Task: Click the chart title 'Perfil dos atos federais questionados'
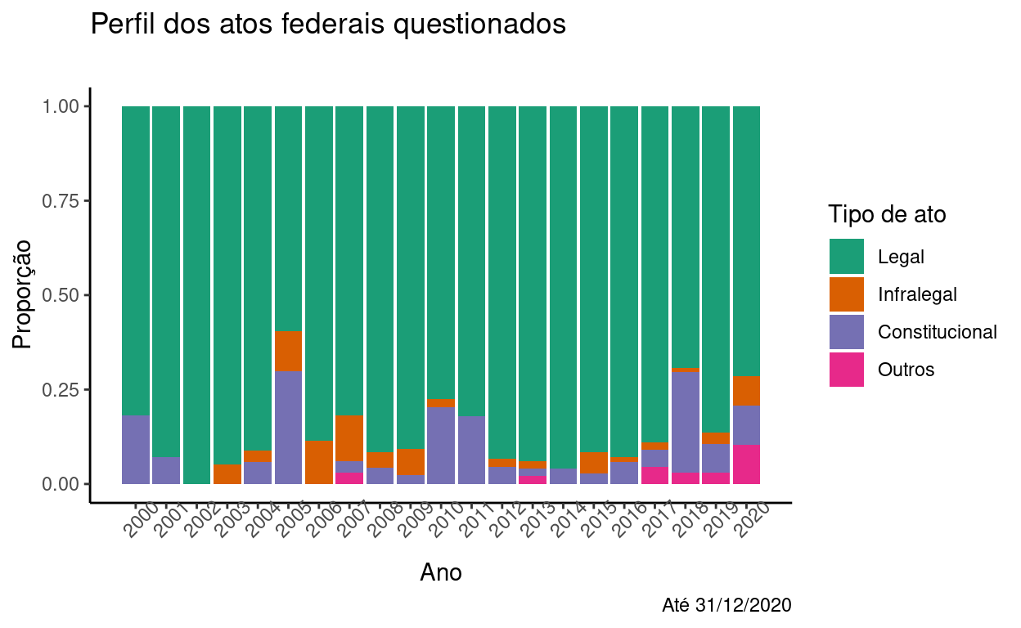[328, 25]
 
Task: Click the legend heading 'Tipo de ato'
[887, 215]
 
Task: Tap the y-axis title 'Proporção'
[23, 294]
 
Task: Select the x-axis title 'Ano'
[441, 572]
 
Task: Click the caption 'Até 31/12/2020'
[726, 606]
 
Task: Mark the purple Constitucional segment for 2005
[289, 427]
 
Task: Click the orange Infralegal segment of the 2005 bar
[289, 352]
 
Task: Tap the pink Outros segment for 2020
[747, 464]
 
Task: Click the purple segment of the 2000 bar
[136, 449]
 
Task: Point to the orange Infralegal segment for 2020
[747, 391]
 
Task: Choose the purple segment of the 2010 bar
[441, 445]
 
